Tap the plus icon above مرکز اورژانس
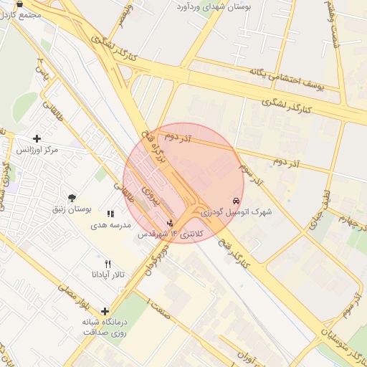pyautogui.click(x=37, y=138)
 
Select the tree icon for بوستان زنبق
pyautogui.click(x=72, y=198)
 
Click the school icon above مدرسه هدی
pyautogui.click(x=110, y=214)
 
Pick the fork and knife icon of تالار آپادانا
pyautogui.click(x=108, y=264)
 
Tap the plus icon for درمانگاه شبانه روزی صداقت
pyautogui.click(x=105, y=311)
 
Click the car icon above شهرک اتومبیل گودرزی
pyautogui.click(x=236, y=201)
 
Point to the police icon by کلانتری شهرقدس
pyautogui.click(x=170, y=223)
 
